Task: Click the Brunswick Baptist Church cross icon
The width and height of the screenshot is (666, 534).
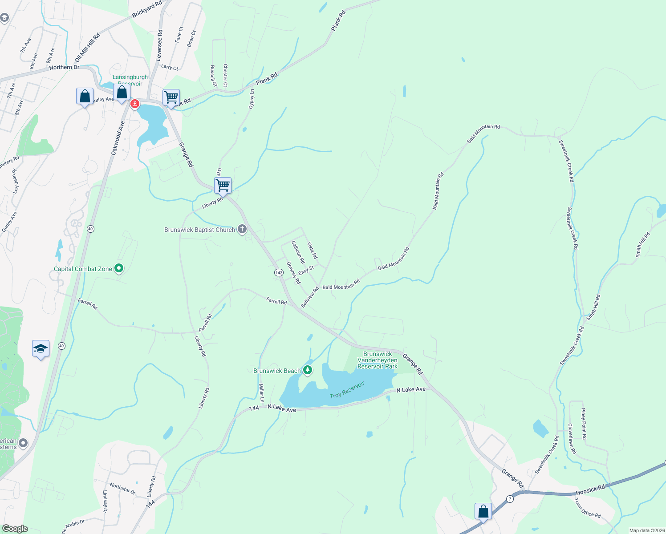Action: pyautogui.click(x=242, y=230)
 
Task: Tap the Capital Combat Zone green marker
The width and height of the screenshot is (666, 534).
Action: pyautogui.click(x=118, y=268)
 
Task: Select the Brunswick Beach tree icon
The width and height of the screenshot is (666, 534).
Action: pyautogui.click(x=307, y=370)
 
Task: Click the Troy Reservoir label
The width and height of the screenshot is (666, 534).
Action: pyautogui.click(x=347, y=390)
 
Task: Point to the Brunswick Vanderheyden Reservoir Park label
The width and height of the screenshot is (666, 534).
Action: pyautogui.click(x=378, y=360)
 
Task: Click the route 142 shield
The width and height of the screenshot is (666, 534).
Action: pyautogui.click(x=279, y=272)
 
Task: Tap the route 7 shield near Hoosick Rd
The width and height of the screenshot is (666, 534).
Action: pyautogui.click(x=510, y=499)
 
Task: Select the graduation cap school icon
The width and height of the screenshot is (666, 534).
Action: pyautogui.click(x=41, y=348)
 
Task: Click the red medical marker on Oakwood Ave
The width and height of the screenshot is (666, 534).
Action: pyautogui.click(x=134, y=104)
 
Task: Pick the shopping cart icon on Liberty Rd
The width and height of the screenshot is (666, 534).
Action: pyautogui.click(x=223, y=185)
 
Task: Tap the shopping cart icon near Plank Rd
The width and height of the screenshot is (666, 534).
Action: pyautogui.click(x=171, y=97)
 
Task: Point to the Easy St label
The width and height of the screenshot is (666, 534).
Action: pyautogui.click(x=306, y=270)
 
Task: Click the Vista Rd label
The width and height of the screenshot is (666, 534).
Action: pyautogui.click(x=312, y=251)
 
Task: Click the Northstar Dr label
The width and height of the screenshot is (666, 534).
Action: pyautogui.click(x=122, y=489)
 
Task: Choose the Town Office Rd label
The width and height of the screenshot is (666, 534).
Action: pyautogui.click(x=587, y=508)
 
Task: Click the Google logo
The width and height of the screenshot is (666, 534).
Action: pyautogui.click(x=15, y=529)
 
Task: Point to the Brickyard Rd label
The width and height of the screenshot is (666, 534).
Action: pyautogui.click(x=146, y=9)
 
